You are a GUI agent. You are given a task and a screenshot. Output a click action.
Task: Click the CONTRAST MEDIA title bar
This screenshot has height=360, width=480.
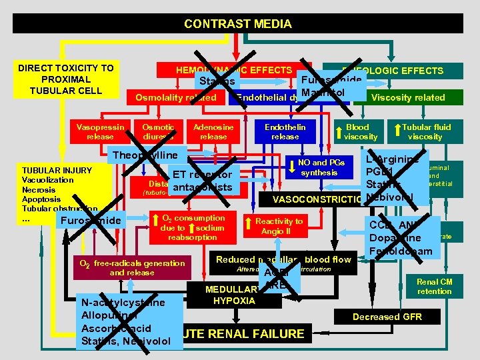pyautogui.click(x=238, y=24)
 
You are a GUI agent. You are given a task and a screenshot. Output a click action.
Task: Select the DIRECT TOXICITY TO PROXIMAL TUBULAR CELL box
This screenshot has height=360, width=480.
pyautogui.click(x=65, y=79)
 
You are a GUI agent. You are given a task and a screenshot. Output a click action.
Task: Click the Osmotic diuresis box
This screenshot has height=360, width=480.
pyautogui.click(x=158, y=131)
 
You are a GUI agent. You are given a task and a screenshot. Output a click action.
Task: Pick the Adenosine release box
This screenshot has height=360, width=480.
pyautogui.click(x=213, y=131)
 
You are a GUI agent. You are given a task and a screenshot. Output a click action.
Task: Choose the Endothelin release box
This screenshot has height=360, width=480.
pyautogui.click(x=285, y=131)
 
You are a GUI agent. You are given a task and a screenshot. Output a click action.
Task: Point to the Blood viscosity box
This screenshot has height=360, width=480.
pyautogui.click(x=361, y=131)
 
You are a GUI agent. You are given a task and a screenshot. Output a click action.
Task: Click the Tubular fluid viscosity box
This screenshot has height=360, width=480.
pyautogui.click(x=426, y=131)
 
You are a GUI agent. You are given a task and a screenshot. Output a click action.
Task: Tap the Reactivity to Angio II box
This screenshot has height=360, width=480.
pyautogui.click(x=279, y=226)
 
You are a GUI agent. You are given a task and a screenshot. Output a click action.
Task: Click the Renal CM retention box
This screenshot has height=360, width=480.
pyautogui.click(x=434, y=287)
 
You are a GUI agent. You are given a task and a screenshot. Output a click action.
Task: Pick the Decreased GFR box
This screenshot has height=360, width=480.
pyautogui.click(x=387, y=317)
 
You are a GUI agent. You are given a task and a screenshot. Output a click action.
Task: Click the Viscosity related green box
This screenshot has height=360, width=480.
pyautogui.click(x=408, y=97)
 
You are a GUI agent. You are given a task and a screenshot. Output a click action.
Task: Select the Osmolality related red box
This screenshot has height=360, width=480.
pyautogui.click(x=176, y=97)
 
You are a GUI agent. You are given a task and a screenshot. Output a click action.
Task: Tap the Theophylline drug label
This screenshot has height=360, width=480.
pyautogui.click(x=143, y=155)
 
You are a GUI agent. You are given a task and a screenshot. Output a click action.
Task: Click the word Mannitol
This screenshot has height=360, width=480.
pyautogui.click(x=323, y=91)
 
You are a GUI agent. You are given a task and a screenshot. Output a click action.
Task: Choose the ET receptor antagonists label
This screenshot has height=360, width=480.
pyautogui.click(x=201, y=181)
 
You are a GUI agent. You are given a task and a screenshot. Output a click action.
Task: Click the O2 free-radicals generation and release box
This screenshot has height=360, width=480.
pyautogui.click(x=131, y=267)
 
